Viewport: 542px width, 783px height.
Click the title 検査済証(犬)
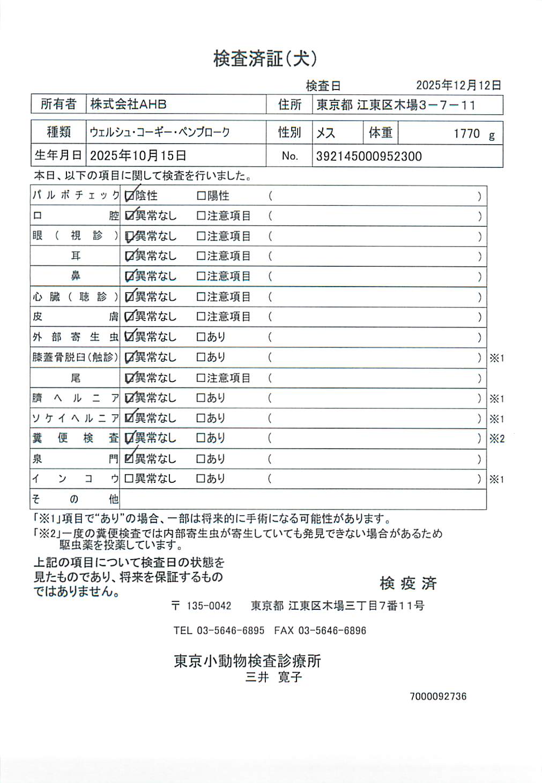tap(265, 58)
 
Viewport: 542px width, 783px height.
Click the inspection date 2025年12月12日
tap(458, 85)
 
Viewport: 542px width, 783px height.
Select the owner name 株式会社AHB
tap(128, 104)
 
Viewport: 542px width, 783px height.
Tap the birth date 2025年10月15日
tap(138, 155)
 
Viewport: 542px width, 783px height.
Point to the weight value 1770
tap(466, 133)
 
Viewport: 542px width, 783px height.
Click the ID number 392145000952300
tap(368, 156)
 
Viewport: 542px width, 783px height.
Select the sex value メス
tap(325, 133)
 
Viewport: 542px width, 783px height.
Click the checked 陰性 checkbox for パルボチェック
tap(129, 196)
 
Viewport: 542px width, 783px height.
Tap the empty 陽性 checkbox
tap(202, 196)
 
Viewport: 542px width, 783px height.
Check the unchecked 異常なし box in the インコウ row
tap(129, 479)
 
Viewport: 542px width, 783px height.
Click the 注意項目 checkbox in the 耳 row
tap(202, 256)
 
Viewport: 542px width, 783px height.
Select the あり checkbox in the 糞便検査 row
tap(202, 438)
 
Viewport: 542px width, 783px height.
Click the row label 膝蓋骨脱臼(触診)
tap(75, 357)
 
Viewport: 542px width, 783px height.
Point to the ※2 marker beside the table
tap(497, 438)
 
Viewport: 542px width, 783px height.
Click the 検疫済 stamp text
tap(408, 583)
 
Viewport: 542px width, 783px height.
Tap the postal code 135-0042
tap(209, 606)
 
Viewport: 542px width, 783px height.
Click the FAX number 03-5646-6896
tap(332, 631)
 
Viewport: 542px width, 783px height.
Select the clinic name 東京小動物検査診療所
tap(247, 661)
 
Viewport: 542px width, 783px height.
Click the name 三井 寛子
tap(273, 677)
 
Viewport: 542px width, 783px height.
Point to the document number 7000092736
tap(438, 696)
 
